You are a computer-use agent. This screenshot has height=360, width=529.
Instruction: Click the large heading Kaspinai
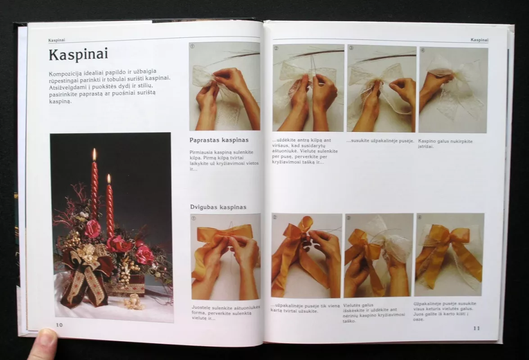(78, 54)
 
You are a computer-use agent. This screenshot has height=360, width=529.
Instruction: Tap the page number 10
(59, 324)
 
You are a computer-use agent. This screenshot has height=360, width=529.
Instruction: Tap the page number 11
(476, 328)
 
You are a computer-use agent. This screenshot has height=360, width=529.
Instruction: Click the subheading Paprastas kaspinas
(219, 140)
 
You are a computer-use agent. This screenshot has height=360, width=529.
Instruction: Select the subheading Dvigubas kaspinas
(218, 207)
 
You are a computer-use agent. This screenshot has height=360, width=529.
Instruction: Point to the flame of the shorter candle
(109, 179)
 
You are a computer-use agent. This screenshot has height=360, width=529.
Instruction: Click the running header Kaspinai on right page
(479, 40)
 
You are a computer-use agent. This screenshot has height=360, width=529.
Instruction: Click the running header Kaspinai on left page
(57, 40)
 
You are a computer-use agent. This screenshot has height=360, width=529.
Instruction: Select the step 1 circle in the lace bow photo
(192, 46)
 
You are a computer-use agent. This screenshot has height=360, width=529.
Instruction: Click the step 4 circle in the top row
(423, 50)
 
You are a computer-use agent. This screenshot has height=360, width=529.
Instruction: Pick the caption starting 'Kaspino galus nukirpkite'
(445, 144)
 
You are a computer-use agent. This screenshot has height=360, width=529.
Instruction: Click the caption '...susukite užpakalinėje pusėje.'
(380, 141)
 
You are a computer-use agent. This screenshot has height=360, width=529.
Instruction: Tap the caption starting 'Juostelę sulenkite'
(226, 313)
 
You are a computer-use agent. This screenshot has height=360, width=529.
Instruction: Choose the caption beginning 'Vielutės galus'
(374, 313)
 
